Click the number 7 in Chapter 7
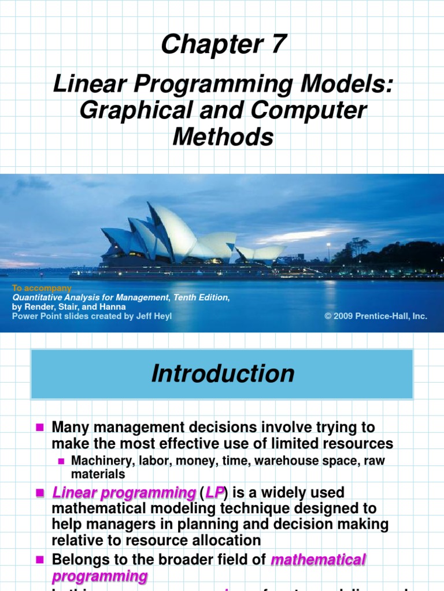(x=277, y=44)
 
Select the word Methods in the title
(x=223, y=137)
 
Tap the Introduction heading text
(x=223, y=374)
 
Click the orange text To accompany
(x=42, y=288)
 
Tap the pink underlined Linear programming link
(x=124, y=493)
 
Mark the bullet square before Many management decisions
(x=40, y=428)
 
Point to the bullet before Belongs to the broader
(x=40, y=559)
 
